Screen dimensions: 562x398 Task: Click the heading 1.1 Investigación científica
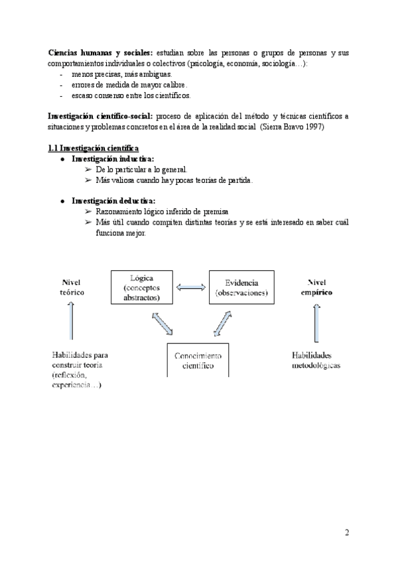(94, 147)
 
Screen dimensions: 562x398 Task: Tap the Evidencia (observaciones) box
(241, 287)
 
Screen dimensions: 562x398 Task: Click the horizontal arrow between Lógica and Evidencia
(191, 287)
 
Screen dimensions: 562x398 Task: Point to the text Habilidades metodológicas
(316, 360)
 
